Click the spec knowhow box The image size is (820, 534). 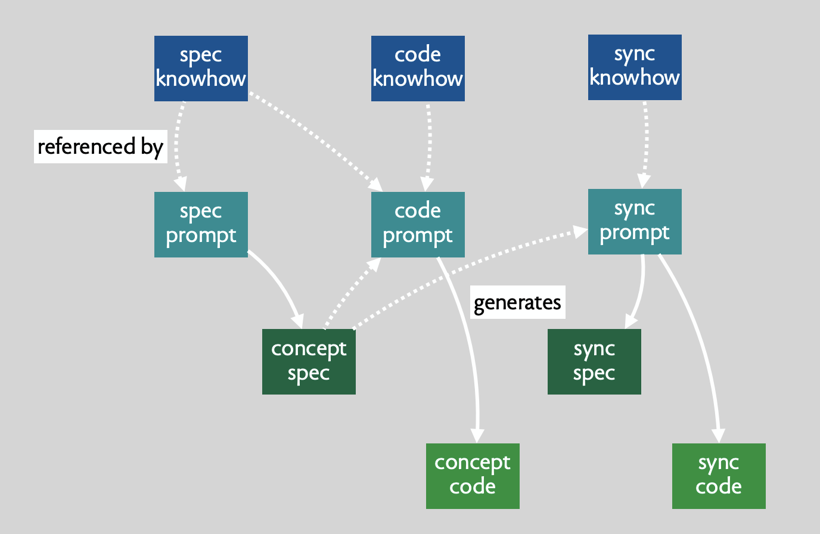coord(201,69)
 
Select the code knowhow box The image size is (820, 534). coord(418,69)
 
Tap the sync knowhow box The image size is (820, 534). coord(635,67)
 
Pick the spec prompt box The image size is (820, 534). coord(201,224)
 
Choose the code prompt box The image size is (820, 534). coord(418,224)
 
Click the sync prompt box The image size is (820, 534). coord(635,222)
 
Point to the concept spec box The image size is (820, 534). coord(309,362)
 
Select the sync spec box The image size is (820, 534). coord(594,362)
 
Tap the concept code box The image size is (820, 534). coord(473,476)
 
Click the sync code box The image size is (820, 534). coord(719,476)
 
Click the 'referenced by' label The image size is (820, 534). coord(101,147)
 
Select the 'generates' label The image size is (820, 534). coord(518,302)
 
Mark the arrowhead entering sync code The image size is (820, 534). coord(719,436)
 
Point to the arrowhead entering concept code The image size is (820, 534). coord(477,436)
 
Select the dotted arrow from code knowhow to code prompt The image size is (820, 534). coord(429,147)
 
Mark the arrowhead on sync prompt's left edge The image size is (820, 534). coord(580,232)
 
